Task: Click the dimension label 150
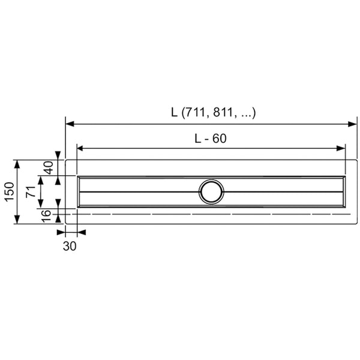pos(10,192)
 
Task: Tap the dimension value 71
pos(31,192)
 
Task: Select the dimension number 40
pos(49,167)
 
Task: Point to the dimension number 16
pos(46,216)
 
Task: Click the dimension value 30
pos(70,246)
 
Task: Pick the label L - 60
pos(211,139)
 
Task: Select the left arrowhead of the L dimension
pos(70,124)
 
